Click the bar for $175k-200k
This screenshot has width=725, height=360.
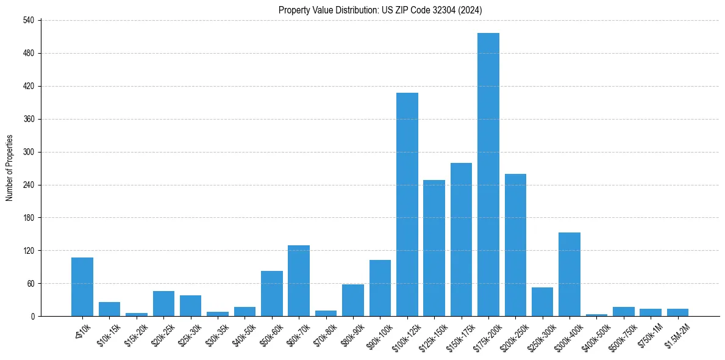pyautogui.click(x=488, y=175)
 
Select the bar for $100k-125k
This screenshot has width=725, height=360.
pyautogui.click(x=407, y=204)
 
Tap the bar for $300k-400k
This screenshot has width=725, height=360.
pyautogui.click(x=569, y=274)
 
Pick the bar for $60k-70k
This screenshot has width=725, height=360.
pyautogui.click(x=298, y=281)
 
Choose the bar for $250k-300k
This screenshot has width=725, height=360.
pyautogui.click(x=542, y=301)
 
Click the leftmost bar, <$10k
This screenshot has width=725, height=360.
pyautogui.click(x=82, y=287)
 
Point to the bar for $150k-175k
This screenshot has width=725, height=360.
pyautogui.click(x=461, y=239)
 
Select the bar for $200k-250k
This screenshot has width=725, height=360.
pyautogui.click(x=515, y=245)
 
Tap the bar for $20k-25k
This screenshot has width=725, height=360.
pyautogui.click(x=163, y=303)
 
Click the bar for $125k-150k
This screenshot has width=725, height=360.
pyautogui.click(x=434, y=248)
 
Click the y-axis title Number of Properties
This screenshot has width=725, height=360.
pyautogui.click(x=9, y=168)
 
